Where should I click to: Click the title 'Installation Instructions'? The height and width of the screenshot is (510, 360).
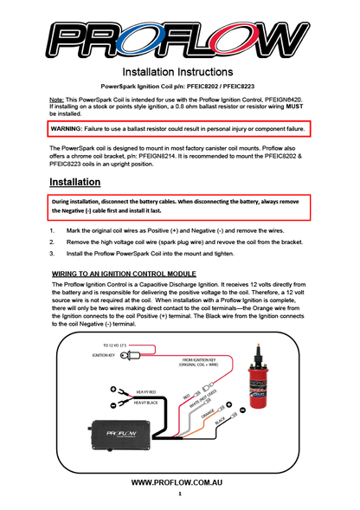(179, 71)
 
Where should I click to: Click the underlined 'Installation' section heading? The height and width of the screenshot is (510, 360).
(74, 183)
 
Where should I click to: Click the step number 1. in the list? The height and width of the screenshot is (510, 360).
(52, 231)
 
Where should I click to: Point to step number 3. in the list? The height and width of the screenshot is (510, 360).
(52, 255)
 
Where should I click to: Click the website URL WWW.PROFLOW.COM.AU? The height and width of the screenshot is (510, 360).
(179, 481)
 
